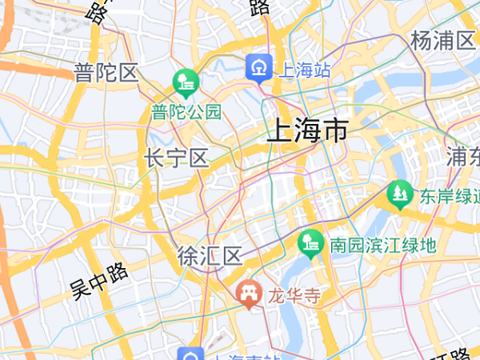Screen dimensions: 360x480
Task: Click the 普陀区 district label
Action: (106, 74)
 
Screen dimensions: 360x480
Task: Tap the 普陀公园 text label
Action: (186, 112)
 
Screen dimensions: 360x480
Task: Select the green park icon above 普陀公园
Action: (185, 82)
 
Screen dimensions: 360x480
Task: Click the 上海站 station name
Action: (303, 70)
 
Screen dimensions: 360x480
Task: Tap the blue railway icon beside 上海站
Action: (259, 68)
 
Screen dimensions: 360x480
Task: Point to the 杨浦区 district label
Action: (442, 41)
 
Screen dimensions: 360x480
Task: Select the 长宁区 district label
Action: (176, 158)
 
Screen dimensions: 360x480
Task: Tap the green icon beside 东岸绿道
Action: (398, 194)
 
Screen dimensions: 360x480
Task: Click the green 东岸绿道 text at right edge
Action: (448, 196)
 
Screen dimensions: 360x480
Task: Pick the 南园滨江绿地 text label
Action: (382, 244)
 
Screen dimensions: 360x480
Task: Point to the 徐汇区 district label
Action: (209, 257)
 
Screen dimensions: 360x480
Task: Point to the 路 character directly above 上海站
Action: (258, 8)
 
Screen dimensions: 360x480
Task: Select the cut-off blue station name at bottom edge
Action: (244, 356)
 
